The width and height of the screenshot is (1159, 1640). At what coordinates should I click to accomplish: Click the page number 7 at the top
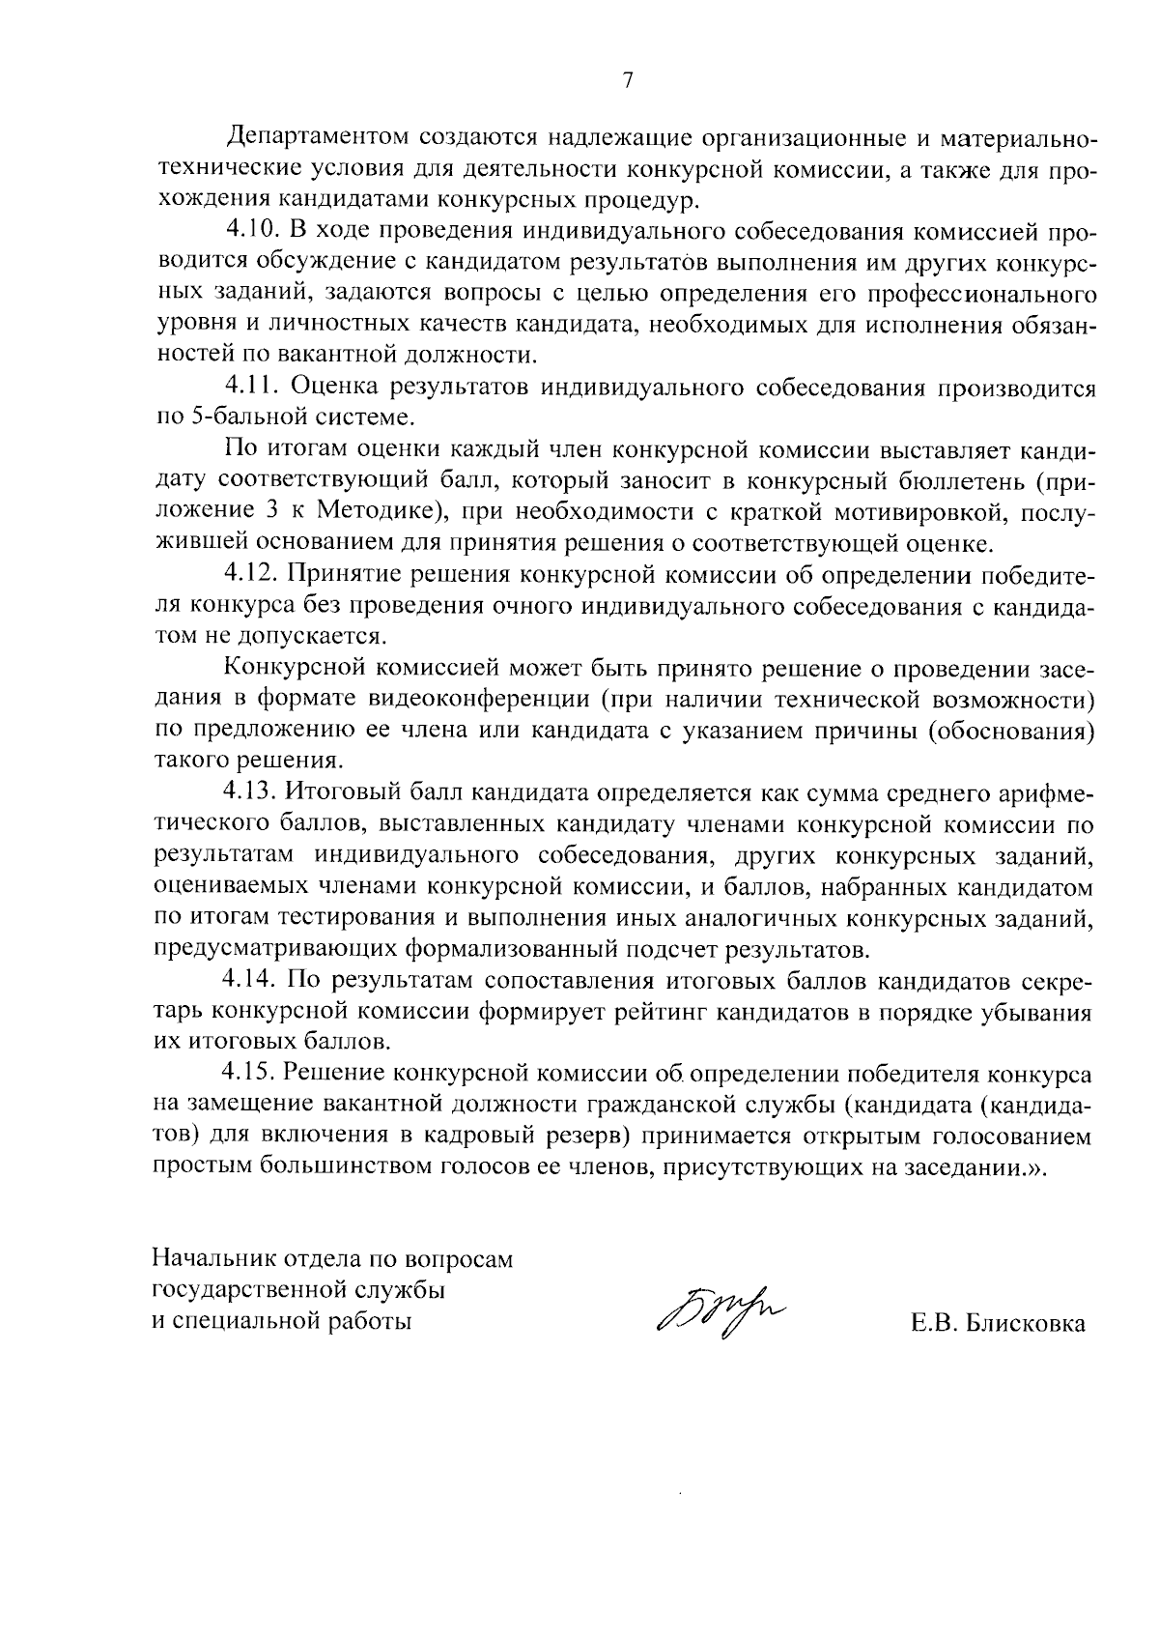point(627,81)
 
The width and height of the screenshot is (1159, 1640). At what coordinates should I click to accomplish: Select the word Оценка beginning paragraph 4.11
point(335,388)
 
